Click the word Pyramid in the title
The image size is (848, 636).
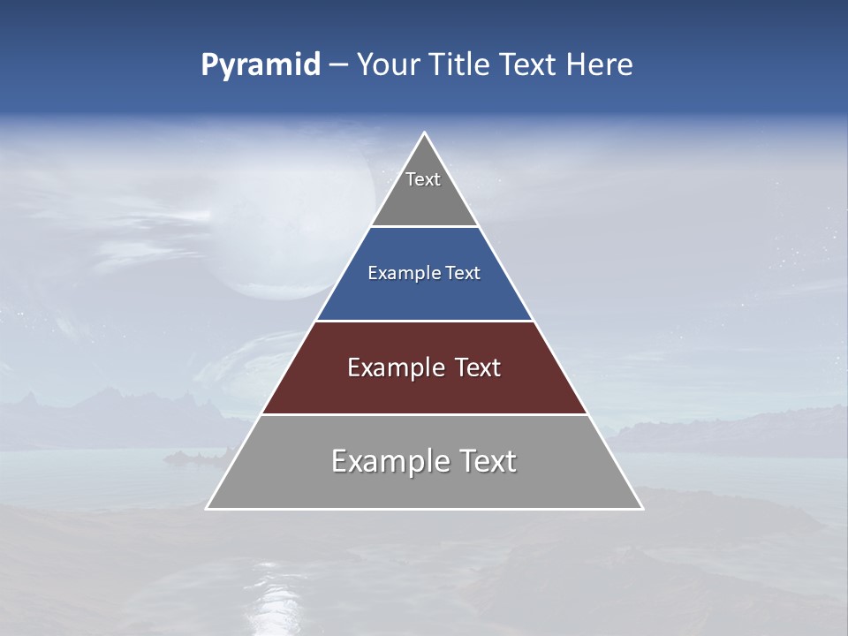tap(260, 65)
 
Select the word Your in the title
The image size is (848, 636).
tap(386, 65)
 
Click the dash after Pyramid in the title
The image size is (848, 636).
tap(337, 65)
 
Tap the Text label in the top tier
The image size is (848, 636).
tap(423, 179)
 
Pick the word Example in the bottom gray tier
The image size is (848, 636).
tap(390, 461)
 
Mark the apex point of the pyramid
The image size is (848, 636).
tap(424, 133)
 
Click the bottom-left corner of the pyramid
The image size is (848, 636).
tap(207, 508)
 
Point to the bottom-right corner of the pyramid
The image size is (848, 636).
tap(642, 508)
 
